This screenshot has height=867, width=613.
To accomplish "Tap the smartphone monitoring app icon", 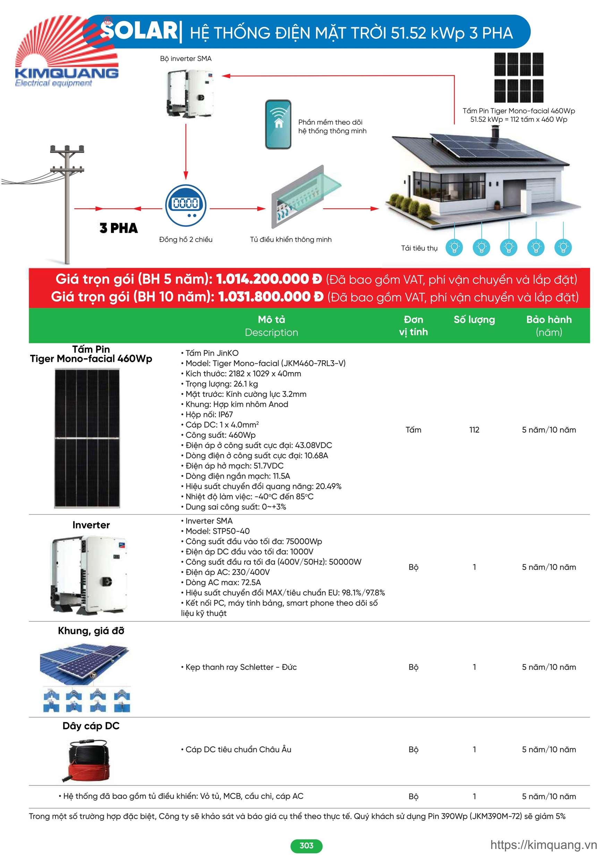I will (278, 124).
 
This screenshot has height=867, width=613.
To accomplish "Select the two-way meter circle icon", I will (186, 205).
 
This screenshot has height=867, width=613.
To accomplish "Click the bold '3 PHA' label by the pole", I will (119, 228).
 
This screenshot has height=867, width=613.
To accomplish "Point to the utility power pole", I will (67, 204).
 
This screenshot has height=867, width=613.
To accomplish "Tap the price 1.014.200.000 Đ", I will (269, 279).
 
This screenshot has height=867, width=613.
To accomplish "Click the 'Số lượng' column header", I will (474, 320).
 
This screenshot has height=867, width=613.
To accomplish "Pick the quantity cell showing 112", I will (474, 430).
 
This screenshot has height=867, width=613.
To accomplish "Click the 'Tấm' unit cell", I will (413, 430).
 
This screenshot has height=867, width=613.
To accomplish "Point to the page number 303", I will (306, 845).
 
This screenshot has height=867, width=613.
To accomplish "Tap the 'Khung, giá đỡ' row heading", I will (91, 631).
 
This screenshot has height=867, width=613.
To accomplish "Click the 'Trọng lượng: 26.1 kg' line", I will (221, 384).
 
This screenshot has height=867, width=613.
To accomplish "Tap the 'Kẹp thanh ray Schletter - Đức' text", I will (241, 667).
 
